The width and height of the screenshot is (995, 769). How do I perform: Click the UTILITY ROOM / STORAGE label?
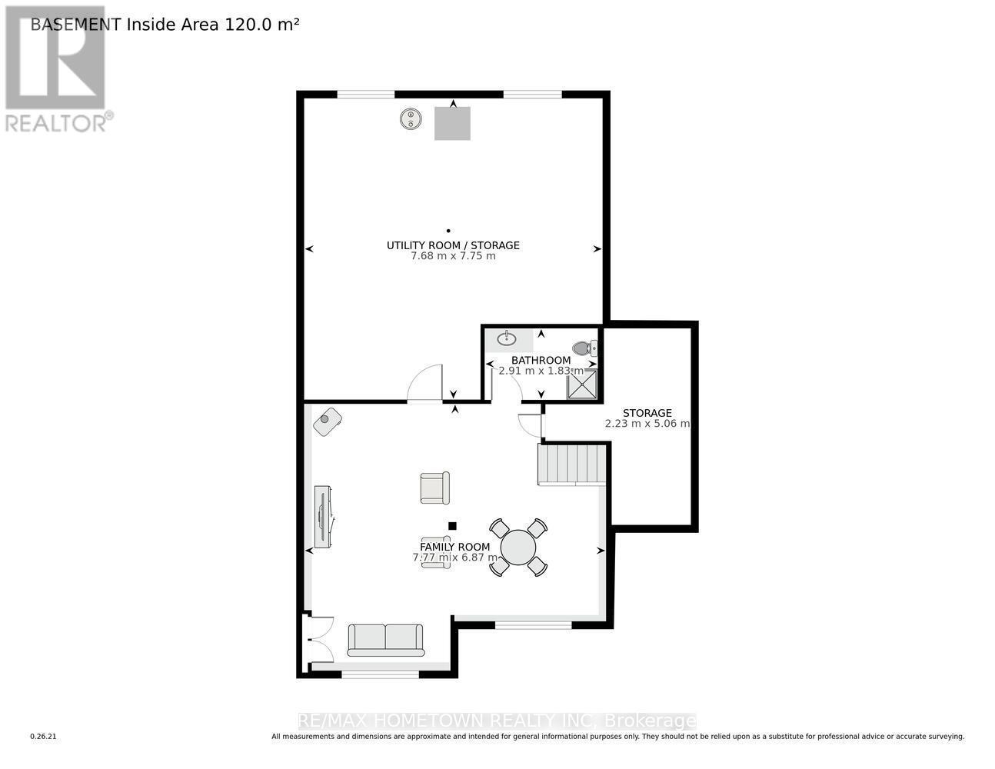tap(453, 245)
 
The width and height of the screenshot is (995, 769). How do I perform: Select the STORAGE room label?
tap(647, 413)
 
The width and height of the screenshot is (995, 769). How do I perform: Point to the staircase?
tap(571, 464)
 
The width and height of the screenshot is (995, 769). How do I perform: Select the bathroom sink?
tap(507, 338)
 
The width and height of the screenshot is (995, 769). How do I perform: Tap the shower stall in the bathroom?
tap(582, 384)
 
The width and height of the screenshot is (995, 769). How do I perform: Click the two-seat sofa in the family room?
tap(385, 640)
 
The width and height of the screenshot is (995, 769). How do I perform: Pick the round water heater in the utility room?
tap(411, 119)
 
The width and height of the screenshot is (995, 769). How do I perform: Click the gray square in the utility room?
tap(452, 124)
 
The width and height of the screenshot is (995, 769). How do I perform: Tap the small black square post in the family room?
tap(452, 526)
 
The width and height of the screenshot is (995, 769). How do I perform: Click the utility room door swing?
tap(425, 384)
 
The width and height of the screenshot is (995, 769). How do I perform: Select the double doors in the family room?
tap(318, 640)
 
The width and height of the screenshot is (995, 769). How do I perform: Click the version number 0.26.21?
tap(44, 737)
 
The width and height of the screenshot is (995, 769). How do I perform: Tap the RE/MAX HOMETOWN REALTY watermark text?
tap(497, 721)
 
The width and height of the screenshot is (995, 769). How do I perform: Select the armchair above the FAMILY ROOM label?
tap(434, 488)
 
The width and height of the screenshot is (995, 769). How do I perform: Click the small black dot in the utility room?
tap(448, 230)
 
